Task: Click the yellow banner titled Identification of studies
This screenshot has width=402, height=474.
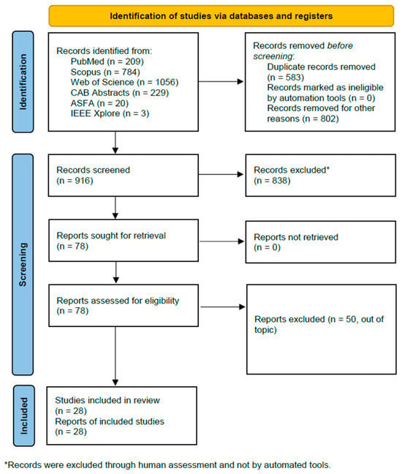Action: point(221,15)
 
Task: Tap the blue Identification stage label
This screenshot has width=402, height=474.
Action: point(23,82)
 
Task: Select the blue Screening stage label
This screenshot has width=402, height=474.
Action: point(23,265)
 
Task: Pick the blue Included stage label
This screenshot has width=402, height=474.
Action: point(24,415)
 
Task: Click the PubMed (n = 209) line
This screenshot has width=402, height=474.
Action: point(107,61)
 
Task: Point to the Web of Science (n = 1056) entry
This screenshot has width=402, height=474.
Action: point(124,82)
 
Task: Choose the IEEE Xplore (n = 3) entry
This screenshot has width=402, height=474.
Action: point(110,113)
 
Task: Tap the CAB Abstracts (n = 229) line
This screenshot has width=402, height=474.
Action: point(120,92)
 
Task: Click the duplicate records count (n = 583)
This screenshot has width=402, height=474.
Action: point(285,77)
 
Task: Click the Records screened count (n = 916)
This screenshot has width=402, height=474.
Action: point(75,181)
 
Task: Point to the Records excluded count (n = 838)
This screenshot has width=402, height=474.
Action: point(272,181)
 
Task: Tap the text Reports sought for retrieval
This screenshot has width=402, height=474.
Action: point(111,236)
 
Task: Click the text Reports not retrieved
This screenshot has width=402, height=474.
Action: point(296,237)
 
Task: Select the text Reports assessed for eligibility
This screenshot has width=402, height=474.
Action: point(118,301)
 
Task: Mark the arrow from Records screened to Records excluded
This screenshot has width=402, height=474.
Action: point(221,174)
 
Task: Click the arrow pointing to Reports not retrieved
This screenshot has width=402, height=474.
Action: point(222,241)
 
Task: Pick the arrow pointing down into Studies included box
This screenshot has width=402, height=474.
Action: point(115,356)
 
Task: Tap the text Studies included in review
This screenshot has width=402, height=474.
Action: point(107,400)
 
